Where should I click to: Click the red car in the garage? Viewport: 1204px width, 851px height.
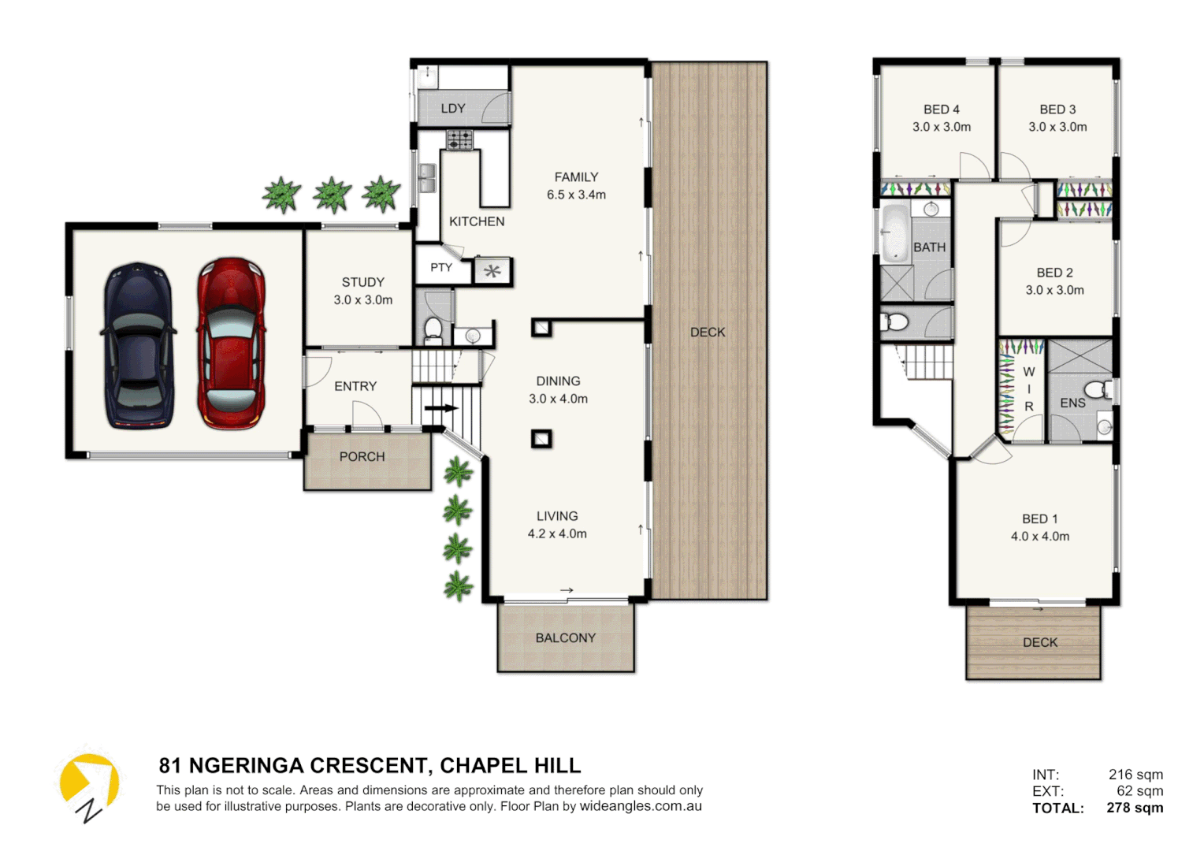click(231, 344)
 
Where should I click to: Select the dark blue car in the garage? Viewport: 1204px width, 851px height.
click(139, 345)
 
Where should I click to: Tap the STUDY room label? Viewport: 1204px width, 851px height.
click(362, 282)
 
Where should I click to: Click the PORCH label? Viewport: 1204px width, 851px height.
click(362, 457)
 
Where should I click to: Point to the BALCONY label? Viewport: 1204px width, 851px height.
click(565, 638)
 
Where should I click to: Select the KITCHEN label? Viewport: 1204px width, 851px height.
click(477, 222)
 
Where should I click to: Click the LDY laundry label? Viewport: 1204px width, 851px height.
click(452, 109)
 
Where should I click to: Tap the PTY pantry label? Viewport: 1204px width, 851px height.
click(441, 268)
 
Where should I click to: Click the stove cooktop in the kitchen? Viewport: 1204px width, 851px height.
click(459, 140)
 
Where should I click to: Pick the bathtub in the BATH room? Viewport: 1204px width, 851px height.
click(894, 232)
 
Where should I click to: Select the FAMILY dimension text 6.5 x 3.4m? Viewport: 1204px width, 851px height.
click(576, 195)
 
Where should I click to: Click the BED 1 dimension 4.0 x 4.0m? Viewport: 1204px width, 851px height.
click(1039, 537)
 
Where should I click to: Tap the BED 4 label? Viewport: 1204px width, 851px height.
click(941, 110)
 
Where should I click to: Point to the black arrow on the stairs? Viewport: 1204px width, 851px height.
click(440, 408)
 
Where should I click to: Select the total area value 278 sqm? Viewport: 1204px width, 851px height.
click(1134, 808)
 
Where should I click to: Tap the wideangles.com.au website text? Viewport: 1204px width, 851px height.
click(641, 806)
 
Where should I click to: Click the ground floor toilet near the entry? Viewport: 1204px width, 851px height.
click(433, 329)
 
